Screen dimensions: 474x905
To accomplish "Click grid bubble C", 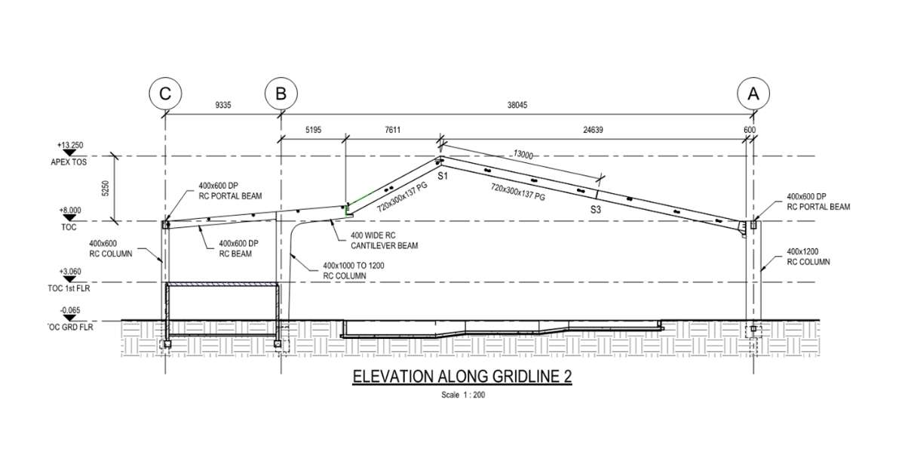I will point(164,94).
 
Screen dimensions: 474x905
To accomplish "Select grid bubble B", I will point(281,94).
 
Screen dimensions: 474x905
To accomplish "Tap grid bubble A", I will point(753,94).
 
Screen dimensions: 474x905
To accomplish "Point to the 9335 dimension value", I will point(222,106).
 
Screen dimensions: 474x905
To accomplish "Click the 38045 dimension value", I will point(517,106).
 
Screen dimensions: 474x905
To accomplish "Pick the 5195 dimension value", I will point(313,131).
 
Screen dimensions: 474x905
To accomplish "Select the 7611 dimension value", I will point(392,131).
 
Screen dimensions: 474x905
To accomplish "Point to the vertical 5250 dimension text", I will point(106,189).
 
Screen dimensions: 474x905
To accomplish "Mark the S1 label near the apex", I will point(443,176).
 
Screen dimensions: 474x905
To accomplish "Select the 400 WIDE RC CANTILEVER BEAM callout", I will point(385,242).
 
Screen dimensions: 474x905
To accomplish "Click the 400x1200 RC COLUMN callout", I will point(808,257).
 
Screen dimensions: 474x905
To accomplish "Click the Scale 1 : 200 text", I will point(462,395).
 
